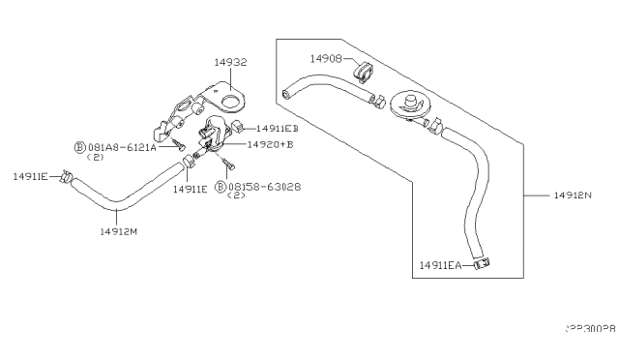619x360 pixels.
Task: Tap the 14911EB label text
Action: coord(277,128)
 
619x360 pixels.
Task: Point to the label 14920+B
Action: coord(270,144)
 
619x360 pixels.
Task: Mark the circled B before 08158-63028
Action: coord(221,185)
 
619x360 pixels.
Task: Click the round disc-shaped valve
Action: coord(413,105)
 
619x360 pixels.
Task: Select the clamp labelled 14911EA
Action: coord(481,261)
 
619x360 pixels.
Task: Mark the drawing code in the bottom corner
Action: coord(589,329)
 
